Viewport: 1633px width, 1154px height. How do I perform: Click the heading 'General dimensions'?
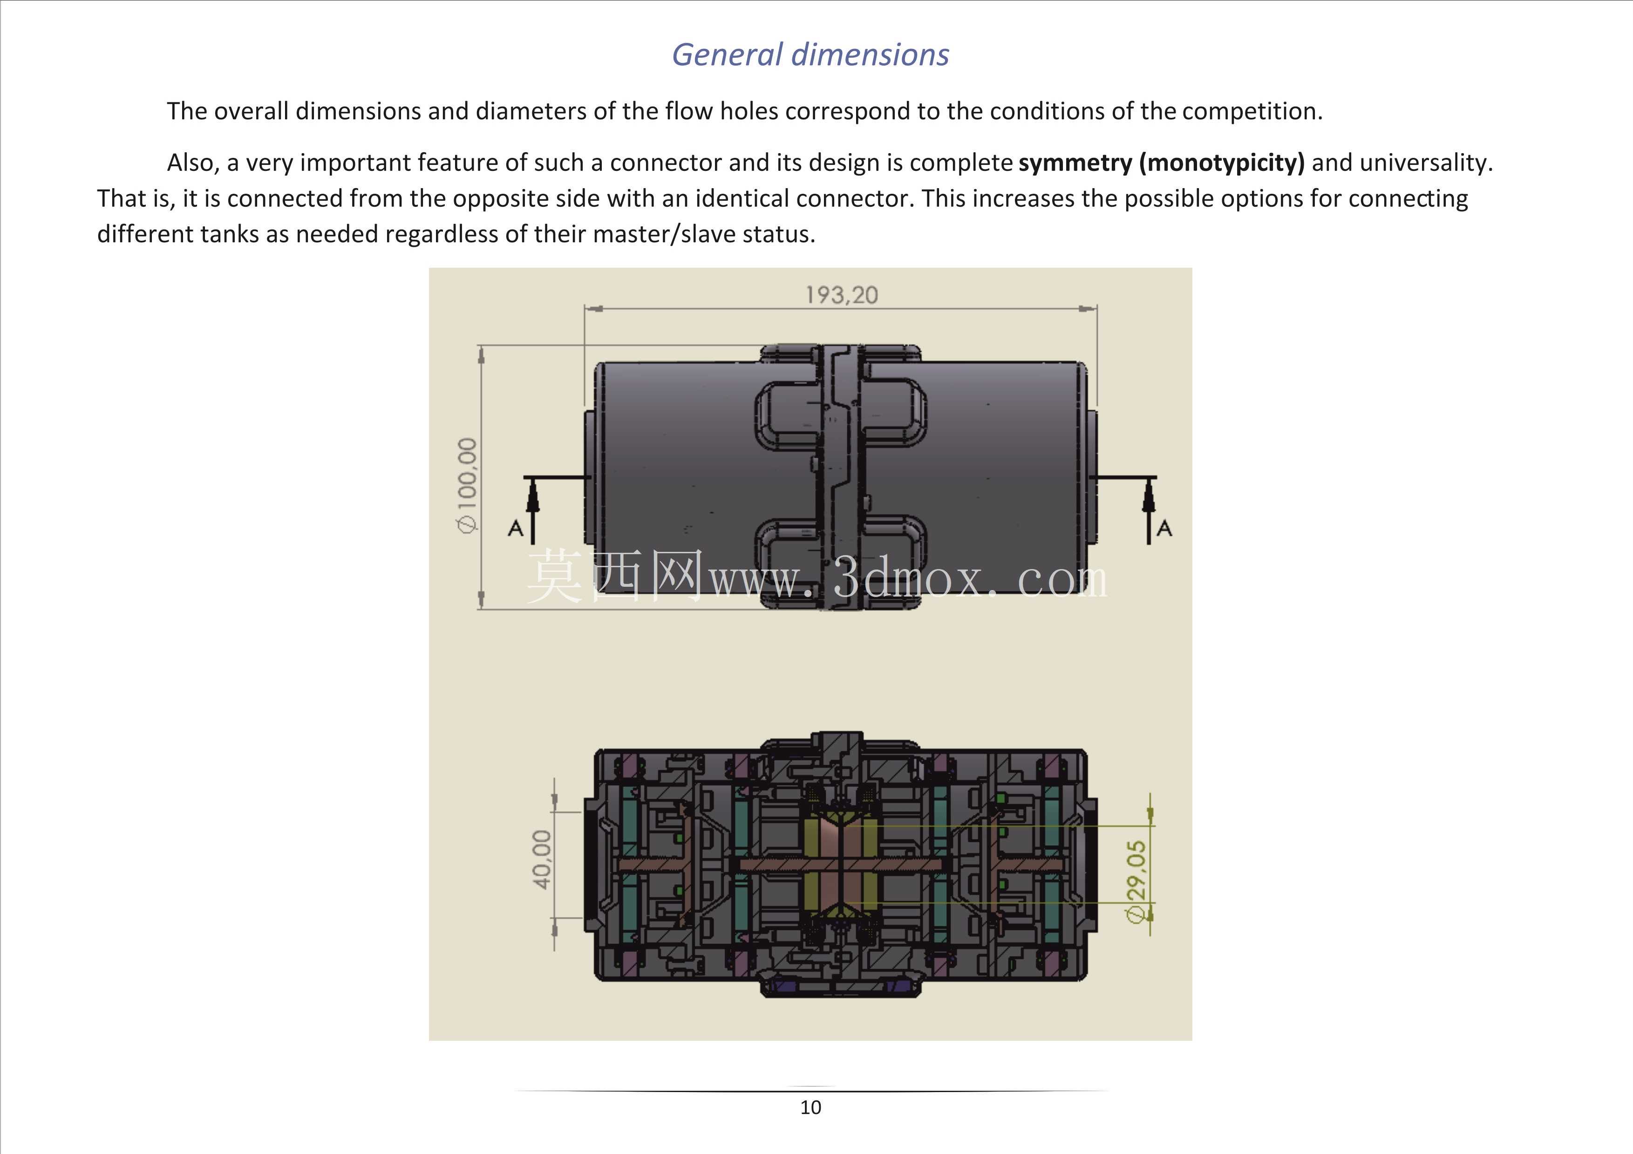pyautogui.click(x=810, y=55)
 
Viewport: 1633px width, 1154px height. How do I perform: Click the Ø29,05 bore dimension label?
pyautogui.click(x=1137, y=882)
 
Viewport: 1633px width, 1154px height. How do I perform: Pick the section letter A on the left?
pyautogui.click(x=516, y=528)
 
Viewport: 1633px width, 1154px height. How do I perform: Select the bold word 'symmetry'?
pyautogui.click(x=1075, y=163)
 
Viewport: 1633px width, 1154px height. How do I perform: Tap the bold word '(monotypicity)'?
pyautogui.click(x=1222, y=163)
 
